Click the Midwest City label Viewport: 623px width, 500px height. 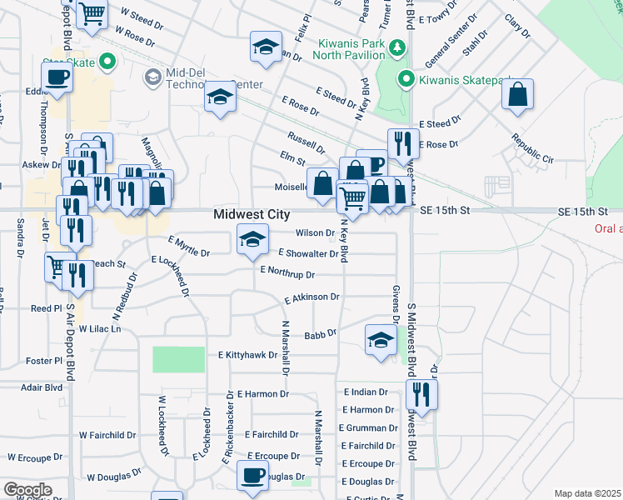[x=252, y=215]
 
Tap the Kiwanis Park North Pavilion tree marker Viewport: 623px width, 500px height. [x=400, y=46]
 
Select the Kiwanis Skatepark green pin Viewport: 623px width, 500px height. [x=406, y=80]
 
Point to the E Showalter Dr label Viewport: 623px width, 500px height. [x=308, y=253]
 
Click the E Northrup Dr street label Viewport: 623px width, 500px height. [x=287, y=272]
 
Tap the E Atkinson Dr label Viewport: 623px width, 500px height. [x=311, y=297]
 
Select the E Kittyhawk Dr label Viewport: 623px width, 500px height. [x=247, y=355]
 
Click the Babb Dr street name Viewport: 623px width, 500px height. [x=320, y=334]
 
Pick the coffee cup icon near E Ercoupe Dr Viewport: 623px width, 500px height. [x=252, y=476]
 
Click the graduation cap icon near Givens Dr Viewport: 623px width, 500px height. [x=381, y=339]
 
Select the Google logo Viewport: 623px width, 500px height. [x=27, y=490]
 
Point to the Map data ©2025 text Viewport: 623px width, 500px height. [x=587, y=493]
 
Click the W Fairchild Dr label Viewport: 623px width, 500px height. [x=107, y=435]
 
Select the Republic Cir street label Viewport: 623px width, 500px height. [x=532, y=149]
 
